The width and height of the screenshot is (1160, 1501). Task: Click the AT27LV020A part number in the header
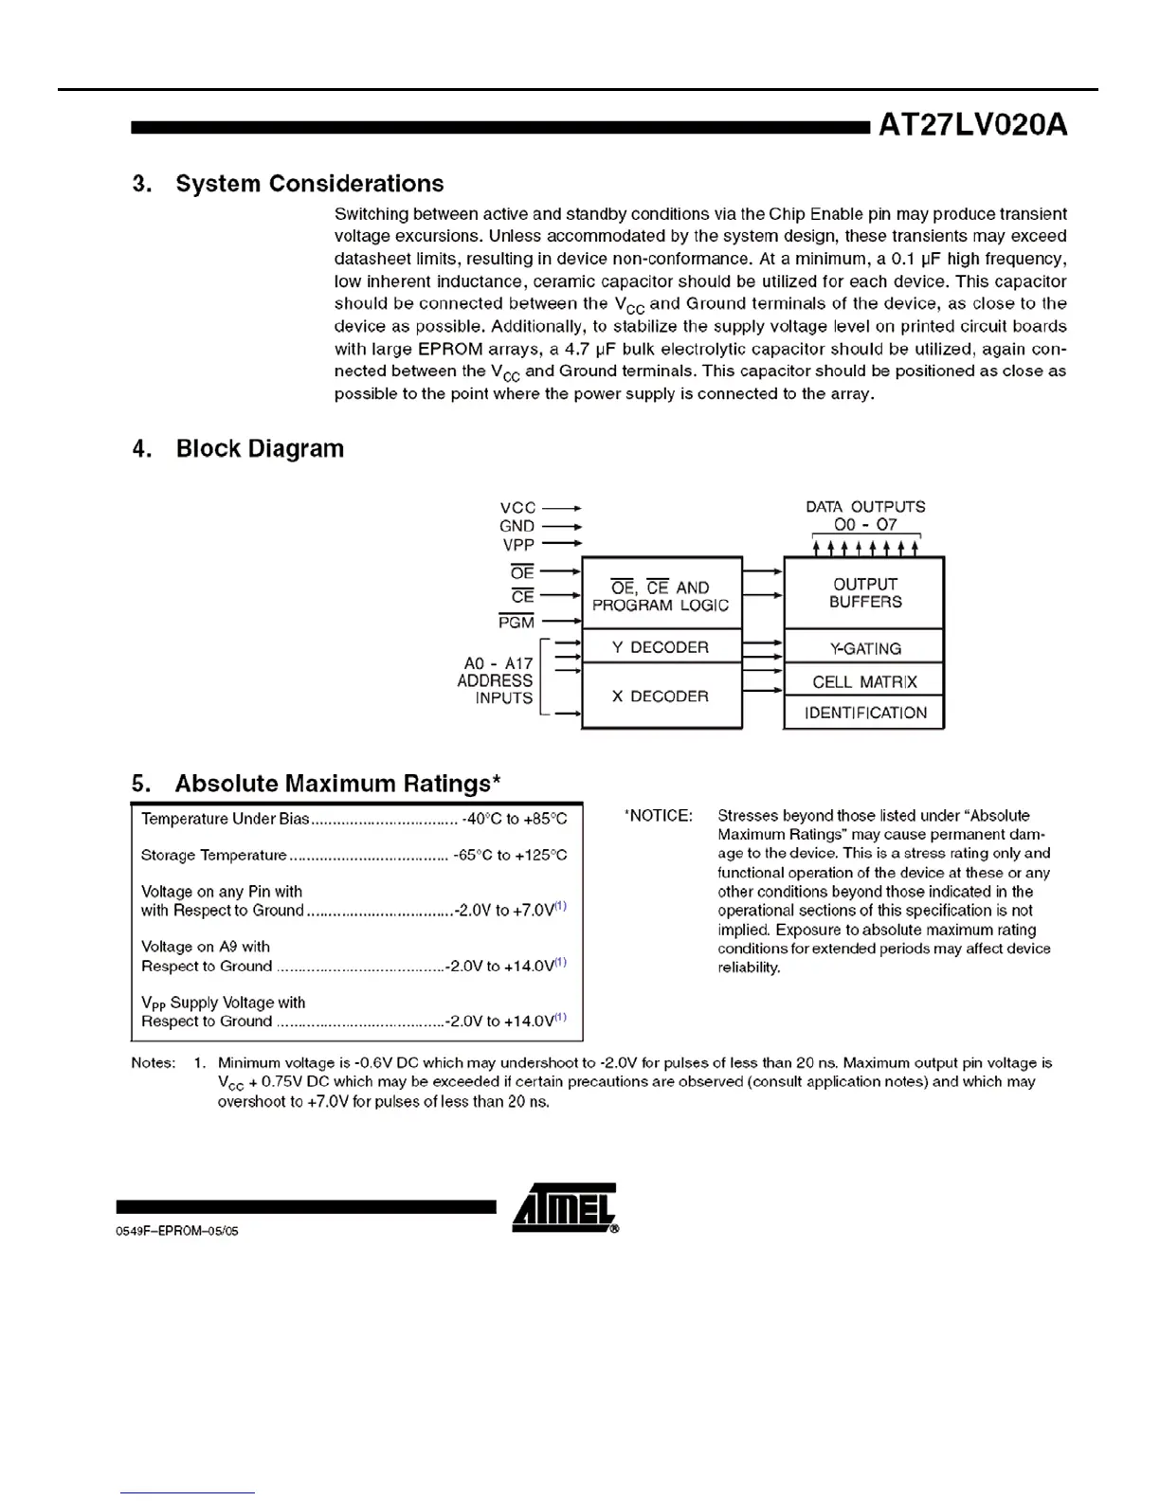(x=972, y=125)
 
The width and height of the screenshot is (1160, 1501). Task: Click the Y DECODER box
(x=661, y=647)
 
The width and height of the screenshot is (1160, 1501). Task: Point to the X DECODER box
(x=661, y=696)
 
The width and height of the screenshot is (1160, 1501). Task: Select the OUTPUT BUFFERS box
(x=864, y=593)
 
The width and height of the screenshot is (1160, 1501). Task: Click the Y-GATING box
(x=864, y=649)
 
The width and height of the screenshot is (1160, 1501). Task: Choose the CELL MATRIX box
(x=864, y=681)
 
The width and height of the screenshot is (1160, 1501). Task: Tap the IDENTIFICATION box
(x=864, y=713)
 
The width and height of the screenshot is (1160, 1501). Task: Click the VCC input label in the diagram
(x=517, y=508)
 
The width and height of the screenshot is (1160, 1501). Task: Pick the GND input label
(x=517, y=526)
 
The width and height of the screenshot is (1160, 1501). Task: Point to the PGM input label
(x=517, y=623)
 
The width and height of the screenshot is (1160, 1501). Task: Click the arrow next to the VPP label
(x=561, y=544)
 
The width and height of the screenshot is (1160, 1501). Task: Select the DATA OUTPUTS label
(x=865, y=507)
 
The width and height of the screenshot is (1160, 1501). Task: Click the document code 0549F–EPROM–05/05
(x=177, y=1231)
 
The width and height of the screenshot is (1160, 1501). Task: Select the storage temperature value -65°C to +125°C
(x=510, y=856)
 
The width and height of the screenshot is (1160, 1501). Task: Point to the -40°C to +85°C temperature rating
(x=515, y=820)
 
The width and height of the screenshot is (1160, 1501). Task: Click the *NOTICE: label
(x=659, y=816)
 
